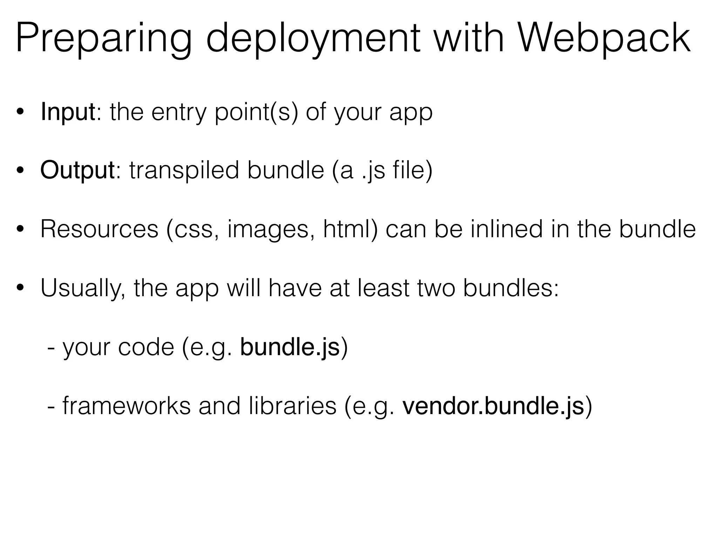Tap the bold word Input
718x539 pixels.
click(x=68, y=112)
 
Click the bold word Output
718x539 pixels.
click(x=77, y=171)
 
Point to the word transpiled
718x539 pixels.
click(x=184, y=171)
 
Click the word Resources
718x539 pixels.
click(x=99, y=229)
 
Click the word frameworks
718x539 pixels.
click(x=126, y=406)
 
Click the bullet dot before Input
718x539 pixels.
click(x=20, y=112)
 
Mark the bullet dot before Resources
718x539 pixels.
click(x=20, y=229)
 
